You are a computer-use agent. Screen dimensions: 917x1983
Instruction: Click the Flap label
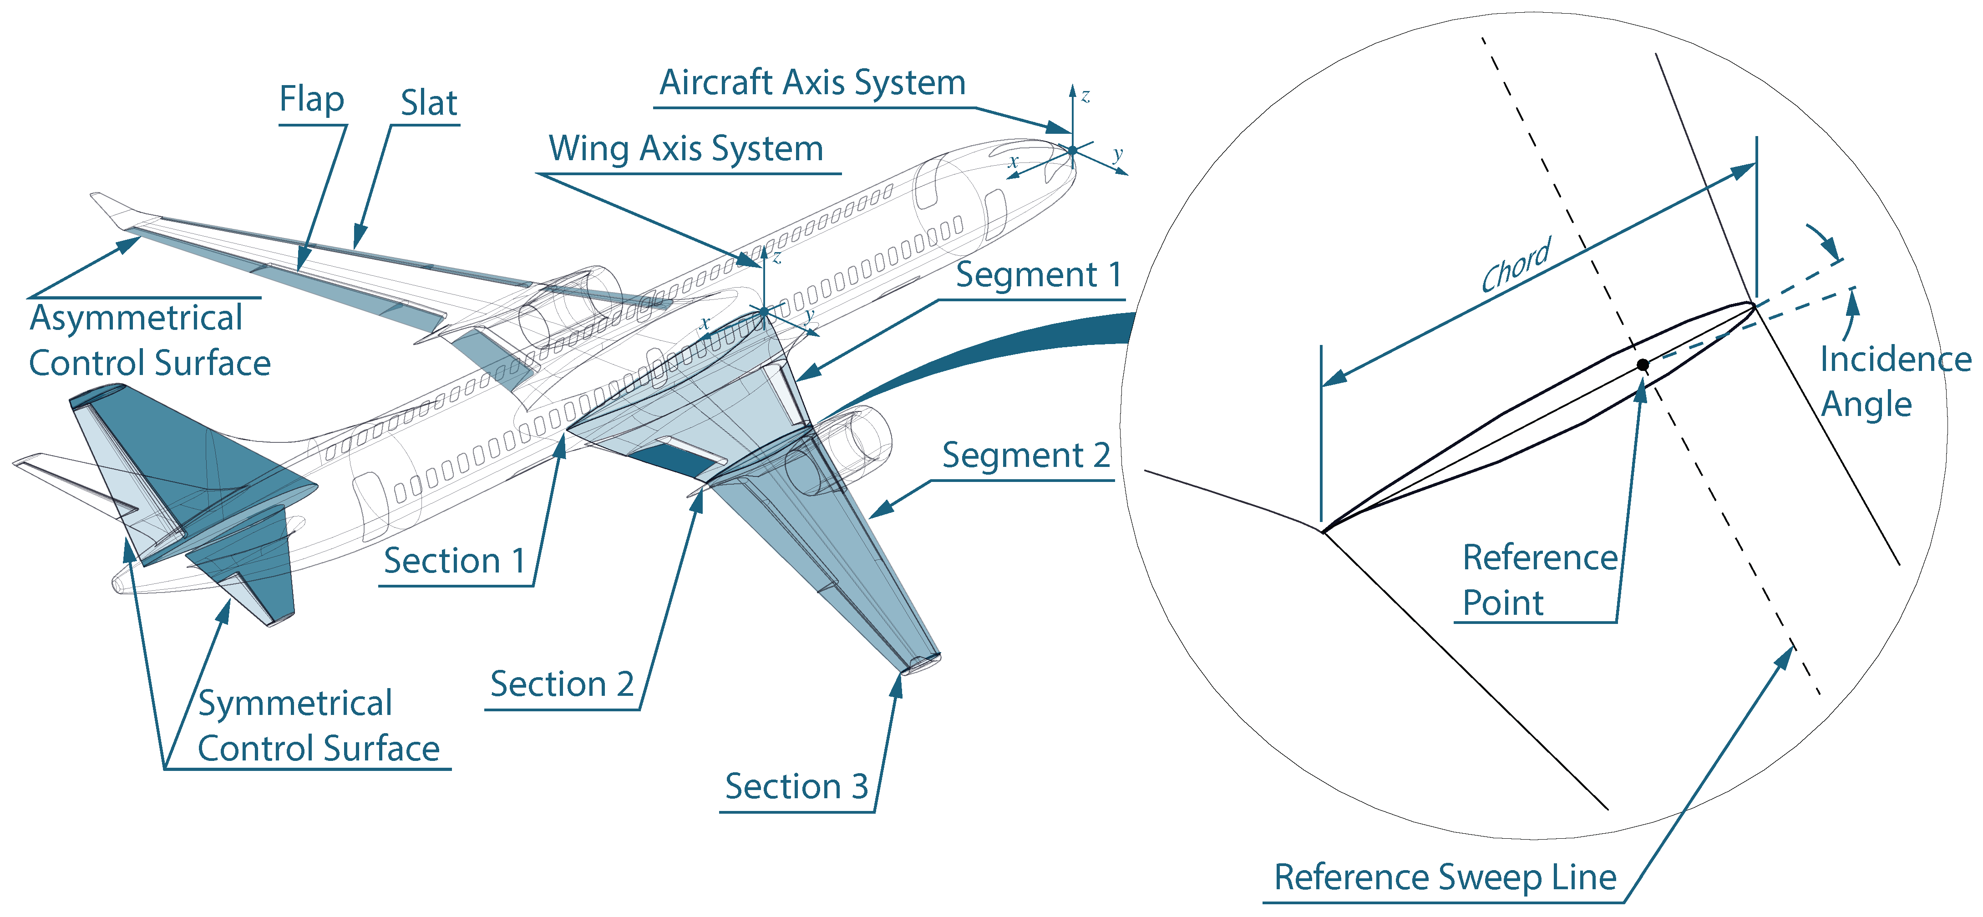click(x=311, y=99)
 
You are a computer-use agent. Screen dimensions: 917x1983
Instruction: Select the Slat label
click(x=429, y=103)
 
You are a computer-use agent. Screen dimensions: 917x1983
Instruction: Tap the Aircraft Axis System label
click(x=812, y=82)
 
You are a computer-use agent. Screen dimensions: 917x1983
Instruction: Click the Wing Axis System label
click(x=685, y=149)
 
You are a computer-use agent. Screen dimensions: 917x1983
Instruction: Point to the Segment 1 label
click(x=1039, y=275)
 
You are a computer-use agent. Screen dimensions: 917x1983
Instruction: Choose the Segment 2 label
click(x=1026, y=456)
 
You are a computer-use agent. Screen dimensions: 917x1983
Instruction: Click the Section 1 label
click(x=454, y=561)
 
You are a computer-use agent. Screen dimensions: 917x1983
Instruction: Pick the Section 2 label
click(x=562, y=684)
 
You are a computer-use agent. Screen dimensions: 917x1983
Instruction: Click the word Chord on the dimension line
click(x=1516, y=266)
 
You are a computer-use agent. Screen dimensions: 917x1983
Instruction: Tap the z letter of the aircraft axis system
click(x=1085, y=96)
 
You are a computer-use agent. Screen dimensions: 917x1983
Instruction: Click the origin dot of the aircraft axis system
click(x=1072, y=150)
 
